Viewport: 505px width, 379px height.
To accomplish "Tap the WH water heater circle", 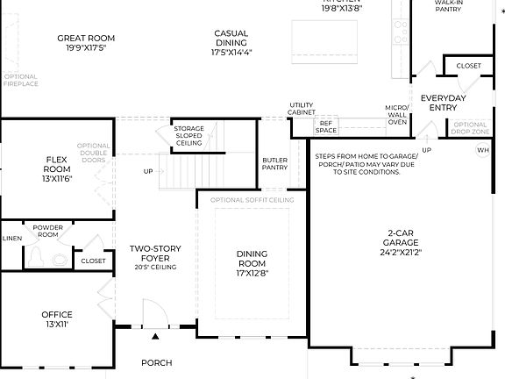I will [x=481, y=151].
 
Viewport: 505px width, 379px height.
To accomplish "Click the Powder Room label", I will [x=48, y=231].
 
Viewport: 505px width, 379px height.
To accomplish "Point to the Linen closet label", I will [x=11, y=238].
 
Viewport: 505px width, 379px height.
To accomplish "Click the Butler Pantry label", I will [x=274, y=163].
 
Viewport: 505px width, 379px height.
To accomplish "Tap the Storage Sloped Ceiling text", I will [x=188, y=136].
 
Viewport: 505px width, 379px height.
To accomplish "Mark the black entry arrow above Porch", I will [x=156, y=336].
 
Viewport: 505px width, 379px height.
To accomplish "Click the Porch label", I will [x=157, y=362].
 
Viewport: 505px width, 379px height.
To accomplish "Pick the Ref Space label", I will [x=326, y=126].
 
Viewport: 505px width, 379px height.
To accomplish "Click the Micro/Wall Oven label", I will [x=397, y=114].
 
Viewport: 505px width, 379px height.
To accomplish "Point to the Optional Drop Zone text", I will [x=470, y=128].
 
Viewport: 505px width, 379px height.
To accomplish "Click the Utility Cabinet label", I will [x=302, y=109].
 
